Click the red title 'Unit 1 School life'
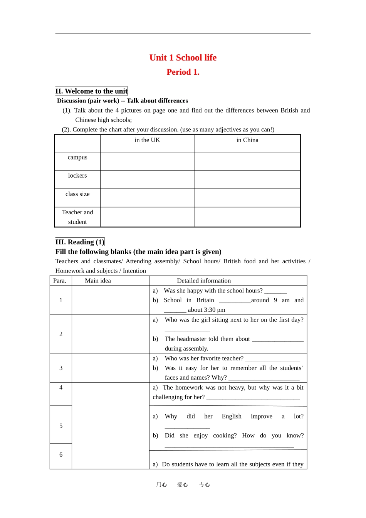pyautogui.click(x=183, y=58)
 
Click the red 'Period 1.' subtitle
pyautogui.click(x=183, y=72)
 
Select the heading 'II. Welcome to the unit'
pyautogui.click(x=91, y=91)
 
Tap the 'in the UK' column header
pyautogui.click(x=147, y=140)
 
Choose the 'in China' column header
pyautogui.click(x=247, y=140)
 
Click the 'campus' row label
pyautogui.click(x=77, y=157)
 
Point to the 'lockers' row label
pyautogui.click(x=77, y=176)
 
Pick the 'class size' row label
pyautogui.click(x=77, y=194)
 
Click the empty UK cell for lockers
pyautogui.click(x=147, y=180)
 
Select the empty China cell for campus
pyautogui.click(x=247, y=161)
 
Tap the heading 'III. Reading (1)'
pyautogui.click(x=80, y=242)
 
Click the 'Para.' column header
pyautogui.click(x=60, y=281)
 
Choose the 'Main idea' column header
pyautogui.click(x=98, y=281)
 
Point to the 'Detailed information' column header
pyautogui.click(x=204, y=281)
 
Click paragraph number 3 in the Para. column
pyautogui.click(x=61, y=368)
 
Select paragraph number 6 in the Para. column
pyautogui.click(x=61, y=455)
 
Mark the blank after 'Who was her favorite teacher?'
pyautogui.click(x=272, y=359)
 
